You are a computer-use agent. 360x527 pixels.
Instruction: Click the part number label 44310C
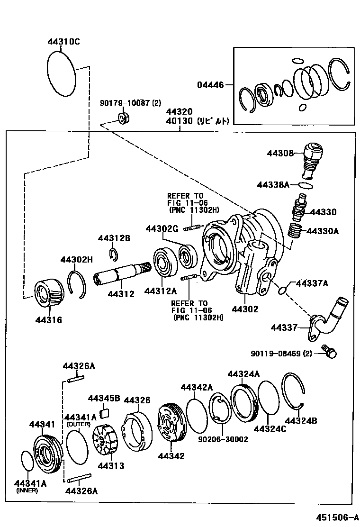pyautogui.click(x=63, y=42)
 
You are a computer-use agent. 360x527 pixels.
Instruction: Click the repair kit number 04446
pyautogui.click(x=210, y=85)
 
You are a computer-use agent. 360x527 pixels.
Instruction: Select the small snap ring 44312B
pyautogui.click(x=114, y=254)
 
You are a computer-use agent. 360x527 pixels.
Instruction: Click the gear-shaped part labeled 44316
pyautogui.click(x=49, y=294)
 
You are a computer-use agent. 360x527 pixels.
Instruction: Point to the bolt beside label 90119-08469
pyautogui.click(x=328, y=351)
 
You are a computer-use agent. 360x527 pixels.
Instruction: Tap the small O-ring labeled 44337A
pyautogui.click(x=282, y=290)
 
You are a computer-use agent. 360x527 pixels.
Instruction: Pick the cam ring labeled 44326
pyautogui.click(x=137, y=429)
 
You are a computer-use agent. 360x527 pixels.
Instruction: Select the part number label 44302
pyautogui.click(x=245, y=309)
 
